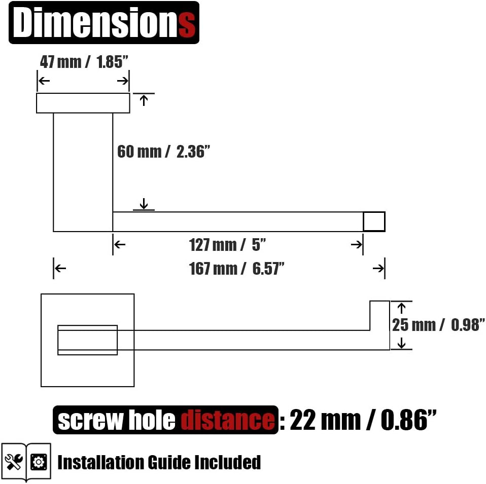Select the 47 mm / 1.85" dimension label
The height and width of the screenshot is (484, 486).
(84, 62)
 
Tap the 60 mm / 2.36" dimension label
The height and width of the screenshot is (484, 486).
(163, 152)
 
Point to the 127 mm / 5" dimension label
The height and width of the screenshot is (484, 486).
(227, 245)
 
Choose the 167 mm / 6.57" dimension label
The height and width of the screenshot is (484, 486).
(236, 269)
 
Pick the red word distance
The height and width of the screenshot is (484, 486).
(227, 420)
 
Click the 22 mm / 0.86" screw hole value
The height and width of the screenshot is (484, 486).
(363, 420)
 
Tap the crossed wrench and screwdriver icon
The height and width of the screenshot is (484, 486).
(14, 462)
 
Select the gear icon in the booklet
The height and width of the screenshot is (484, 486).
(39, 462)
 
